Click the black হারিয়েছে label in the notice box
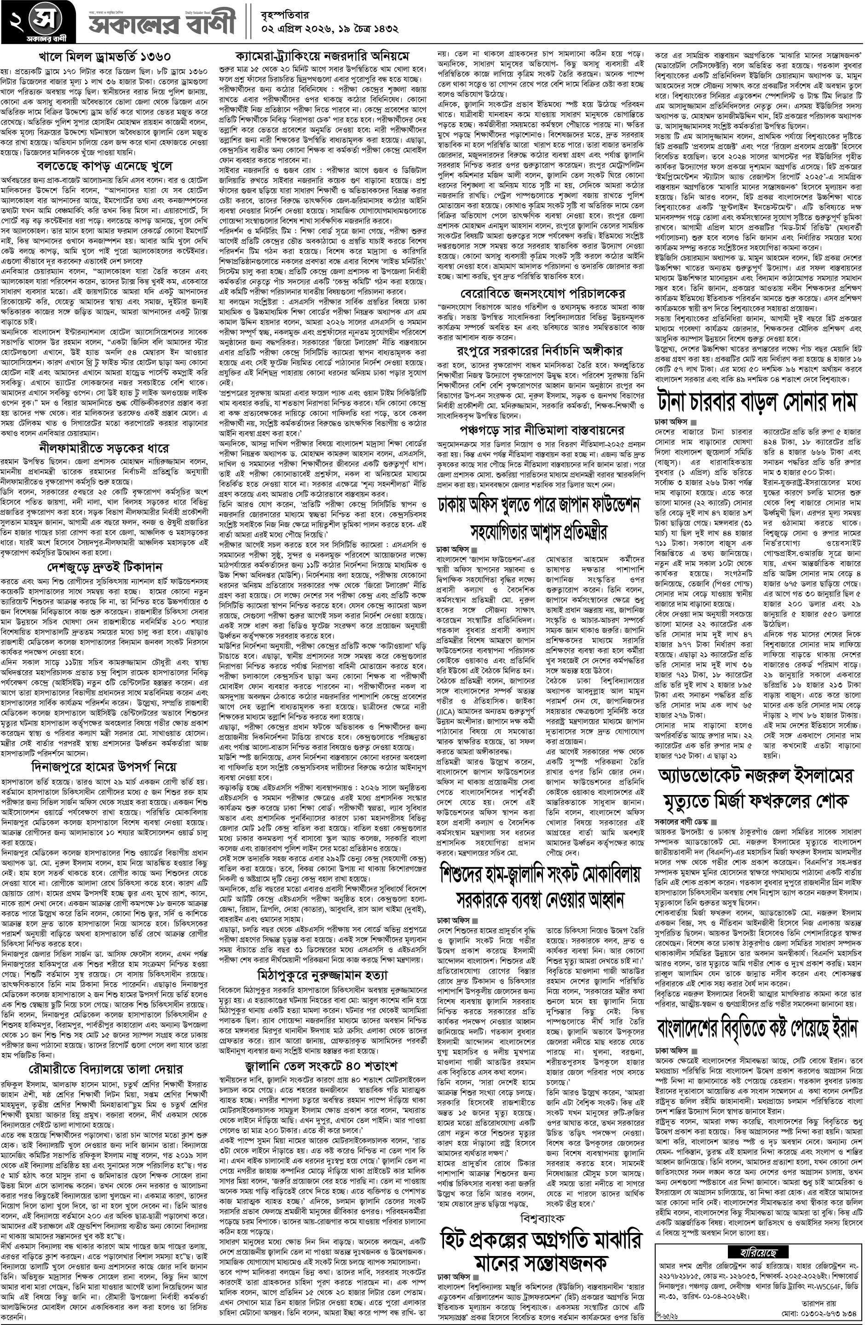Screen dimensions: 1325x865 (x=756, y=1245)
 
